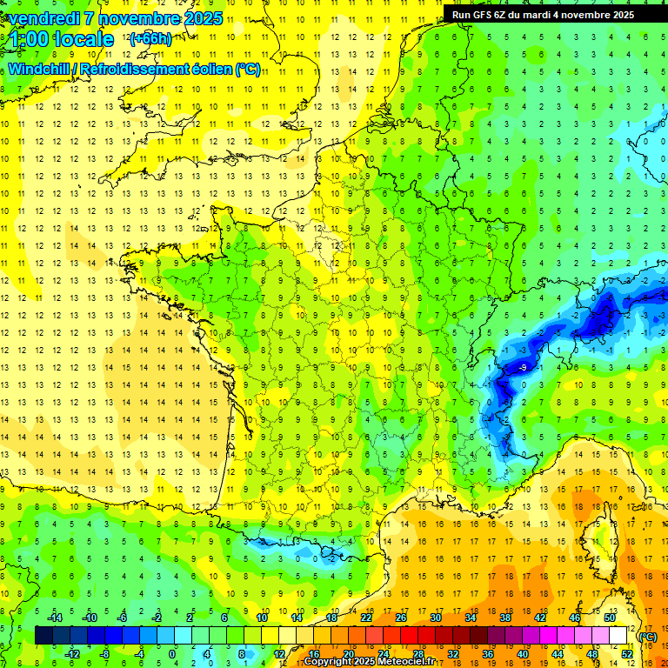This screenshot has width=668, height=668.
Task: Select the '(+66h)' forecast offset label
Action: [x=150, y=38]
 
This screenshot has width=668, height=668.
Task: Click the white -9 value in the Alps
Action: [x=523, y=368]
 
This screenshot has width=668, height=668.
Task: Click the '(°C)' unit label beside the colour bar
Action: [x=648, y=637]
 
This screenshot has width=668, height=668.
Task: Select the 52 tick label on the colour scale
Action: [x=627, y=653]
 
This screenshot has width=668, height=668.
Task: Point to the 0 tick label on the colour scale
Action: [x=172, y=653]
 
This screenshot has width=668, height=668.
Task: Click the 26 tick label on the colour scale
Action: [x=401, y=618]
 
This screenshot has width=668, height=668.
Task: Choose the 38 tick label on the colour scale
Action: [x=505, y=618]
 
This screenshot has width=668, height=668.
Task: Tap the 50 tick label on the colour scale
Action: [x=610, y=618]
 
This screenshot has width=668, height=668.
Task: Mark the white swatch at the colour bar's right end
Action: [x=618, y=636]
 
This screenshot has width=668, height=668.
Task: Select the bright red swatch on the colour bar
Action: [x=410, y=636]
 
